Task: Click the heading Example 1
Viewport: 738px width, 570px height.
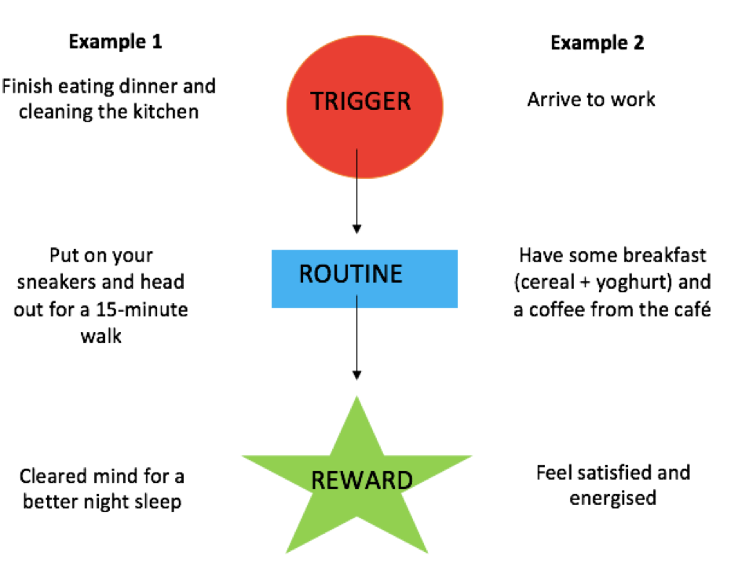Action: tap(115, 42)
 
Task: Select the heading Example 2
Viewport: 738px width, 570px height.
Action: tap(597, 42)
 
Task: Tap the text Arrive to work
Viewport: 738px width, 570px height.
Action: tap(591, 100)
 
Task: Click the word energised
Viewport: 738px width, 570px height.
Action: tap(612, 499)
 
